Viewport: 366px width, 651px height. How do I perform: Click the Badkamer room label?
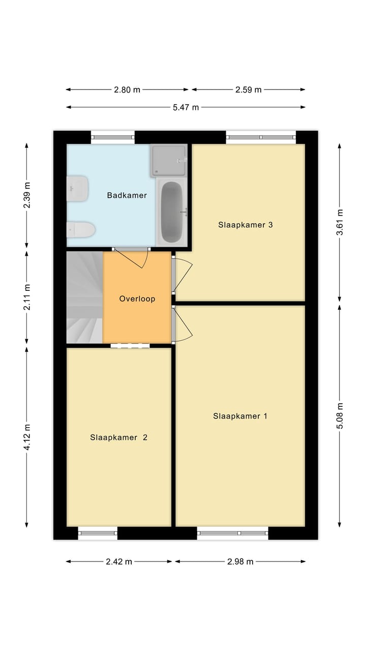127,195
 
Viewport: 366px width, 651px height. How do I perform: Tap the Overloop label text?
137,299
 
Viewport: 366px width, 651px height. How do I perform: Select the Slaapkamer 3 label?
246,225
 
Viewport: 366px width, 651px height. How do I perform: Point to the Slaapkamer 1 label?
240,416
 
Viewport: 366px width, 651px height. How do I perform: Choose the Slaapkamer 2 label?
118,437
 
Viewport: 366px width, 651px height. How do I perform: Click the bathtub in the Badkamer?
172,212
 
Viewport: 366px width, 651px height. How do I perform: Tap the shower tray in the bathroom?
168,161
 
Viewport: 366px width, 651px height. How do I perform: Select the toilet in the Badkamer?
81,230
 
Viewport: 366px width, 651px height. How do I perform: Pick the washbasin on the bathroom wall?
77,189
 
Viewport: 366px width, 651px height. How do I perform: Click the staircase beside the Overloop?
84,297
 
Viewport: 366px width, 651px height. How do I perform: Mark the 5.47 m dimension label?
186,107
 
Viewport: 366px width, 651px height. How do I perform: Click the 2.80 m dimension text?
127,90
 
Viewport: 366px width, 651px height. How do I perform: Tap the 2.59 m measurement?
249,90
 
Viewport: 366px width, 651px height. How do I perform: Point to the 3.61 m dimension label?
340,222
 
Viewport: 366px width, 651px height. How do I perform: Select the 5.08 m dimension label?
340,416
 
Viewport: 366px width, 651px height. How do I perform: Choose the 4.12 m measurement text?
27,437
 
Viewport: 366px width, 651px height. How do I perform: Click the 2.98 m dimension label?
240,562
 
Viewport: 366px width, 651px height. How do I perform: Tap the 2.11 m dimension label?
27,297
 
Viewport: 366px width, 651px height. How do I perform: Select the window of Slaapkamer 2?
98,533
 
